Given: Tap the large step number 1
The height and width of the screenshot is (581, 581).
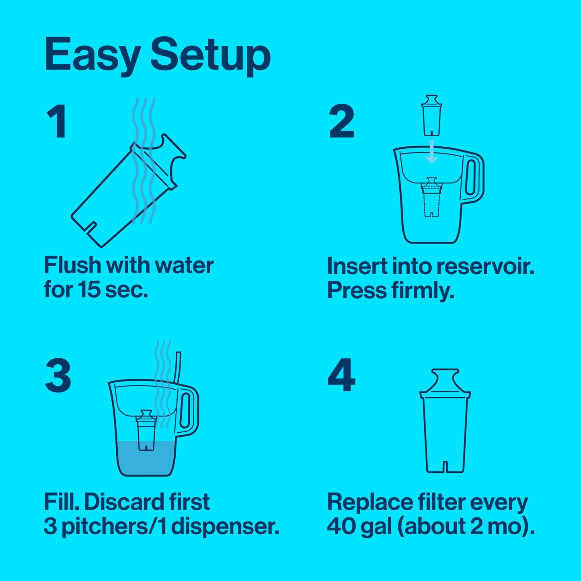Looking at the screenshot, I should (x=57, y=121).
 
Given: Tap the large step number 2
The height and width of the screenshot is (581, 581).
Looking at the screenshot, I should (x=341, y=121).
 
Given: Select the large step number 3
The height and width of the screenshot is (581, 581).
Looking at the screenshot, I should (x=58, y=376).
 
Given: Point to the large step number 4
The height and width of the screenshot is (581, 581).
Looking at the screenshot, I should (x=341, y=376).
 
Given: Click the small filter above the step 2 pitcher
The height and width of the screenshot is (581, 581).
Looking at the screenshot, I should (x=431, y=115).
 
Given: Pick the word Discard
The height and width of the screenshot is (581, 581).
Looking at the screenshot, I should (x=124, y=502).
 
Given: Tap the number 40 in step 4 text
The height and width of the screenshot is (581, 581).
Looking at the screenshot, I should (x=340, y=526).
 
